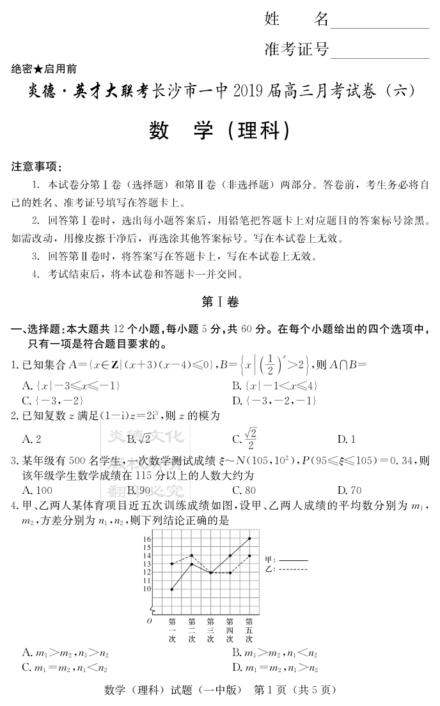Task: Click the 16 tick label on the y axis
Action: coord(146,539)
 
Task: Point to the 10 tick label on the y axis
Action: coord(146,588)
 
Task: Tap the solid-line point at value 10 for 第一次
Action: coord(172,589)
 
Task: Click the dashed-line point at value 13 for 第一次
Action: coord(172,564)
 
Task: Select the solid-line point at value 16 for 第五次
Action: coord(249,539)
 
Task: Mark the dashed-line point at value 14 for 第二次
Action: coord(191,556)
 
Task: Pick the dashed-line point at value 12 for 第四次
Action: coord(230,572)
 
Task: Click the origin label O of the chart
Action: coord(149,620)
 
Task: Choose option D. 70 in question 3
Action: coord(349,491)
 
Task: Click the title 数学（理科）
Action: coord(219,131)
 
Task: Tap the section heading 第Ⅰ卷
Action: coord(219,302)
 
